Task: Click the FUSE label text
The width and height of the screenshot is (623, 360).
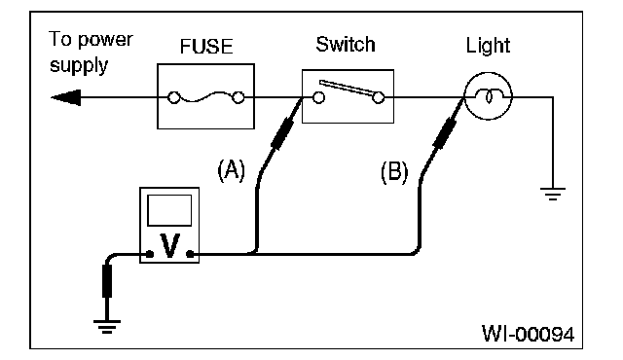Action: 206,47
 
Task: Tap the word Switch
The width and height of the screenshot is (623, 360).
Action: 346,44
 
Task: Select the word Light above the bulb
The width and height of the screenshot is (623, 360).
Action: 488,46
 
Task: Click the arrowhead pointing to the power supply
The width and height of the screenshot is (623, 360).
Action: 66,97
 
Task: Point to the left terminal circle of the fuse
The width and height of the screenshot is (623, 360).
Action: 173,97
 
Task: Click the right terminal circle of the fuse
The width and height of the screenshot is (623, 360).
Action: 238,97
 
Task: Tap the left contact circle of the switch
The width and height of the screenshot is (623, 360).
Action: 318,97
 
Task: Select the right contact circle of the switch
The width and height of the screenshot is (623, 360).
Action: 379,97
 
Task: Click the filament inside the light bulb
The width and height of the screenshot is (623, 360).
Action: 489,96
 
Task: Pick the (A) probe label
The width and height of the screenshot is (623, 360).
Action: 232,170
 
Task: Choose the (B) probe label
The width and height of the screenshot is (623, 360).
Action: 394,172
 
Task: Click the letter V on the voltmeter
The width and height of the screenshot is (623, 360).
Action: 169,246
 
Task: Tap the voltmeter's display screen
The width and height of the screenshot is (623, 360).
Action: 169,210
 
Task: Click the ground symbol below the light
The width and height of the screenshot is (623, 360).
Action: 553,194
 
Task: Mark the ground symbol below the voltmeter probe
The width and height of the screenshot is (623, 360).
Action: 107,327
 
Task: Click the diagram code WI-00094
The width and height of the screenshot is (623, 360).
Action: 528,334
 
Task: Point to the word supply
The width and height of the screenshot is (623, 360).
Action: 79,65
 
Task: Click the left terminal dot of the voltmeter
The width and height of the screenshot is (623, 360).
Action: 150,254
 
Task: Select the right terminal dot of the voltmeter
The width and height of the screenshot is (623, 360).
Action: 190,254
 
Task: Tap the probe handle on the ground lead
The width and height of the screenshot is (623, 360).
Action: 107,281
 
